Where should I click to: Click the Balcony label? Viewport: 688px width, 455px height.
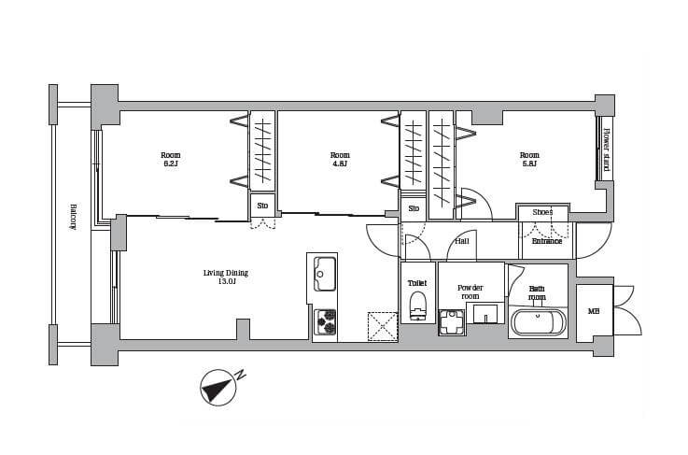point(74,217)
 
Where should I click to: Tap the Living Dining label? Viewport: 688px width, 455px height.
point(226,273)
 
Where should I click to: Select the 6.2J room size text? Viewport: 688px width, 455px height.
point(170,164)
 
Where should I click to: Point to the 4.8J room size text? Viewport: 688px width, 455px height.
point(340,164)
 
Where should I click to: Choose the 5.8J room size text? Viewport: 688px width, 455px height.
point(529,164)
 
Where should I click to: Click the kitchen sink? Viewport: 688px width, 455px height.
point(325,274)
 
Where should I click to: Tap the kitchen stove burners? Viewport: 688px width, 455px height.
point(325,322)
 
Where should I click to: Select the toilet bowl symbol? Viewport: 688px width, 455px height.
point(417,306)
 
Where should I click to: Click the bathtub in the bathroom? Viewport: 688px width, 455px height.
point(538,323)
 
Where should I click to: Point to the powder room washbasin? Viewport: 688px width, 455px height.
point(485,313)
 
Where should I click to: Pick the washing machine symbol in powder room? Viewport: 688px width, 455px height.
point(452,322)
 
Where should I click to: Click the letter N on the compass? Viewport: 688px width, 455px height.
point(240,376)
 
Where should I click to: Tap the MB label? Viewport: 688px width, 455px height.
point(594,311)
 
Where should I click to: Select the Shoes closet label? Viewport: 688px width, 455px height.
point(542,212)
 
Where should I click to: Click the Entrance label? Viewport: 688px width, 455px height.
point(547,241)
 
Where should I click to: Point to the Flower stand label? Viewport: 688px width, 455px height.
point(607,149)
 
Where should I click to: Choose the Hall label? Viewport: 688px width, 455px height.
point(461,241)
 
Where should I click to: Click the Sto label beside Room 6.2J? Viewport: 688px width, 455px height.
point(262,206)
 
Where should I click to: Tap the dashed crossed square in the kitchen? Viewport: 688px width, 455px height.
point(383,326)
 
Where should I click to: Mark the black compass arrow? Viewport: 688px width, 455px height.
point(218,388)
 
